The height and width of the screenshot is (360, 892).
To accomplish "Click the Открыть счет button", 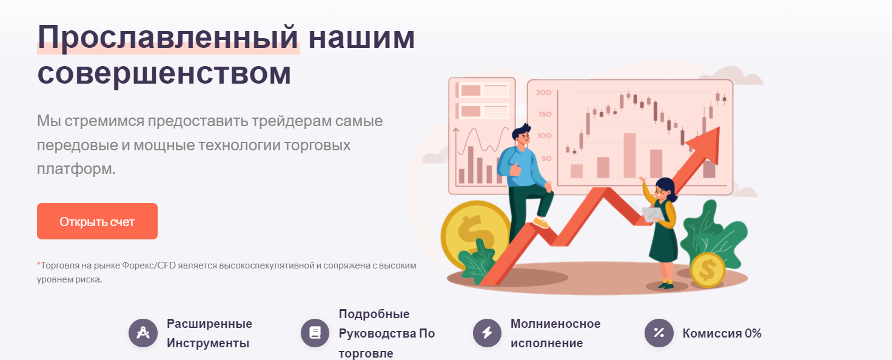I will (x=97, y=221).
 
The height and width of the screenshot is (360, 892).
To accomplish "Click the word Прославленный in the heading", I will (x=168, y=38).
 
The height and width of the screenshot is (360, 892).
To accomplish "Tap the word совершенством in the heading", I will (x=164, y=73).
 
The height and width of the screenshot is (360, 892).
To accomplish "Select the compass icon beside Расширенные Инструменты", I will (x=143, y=333).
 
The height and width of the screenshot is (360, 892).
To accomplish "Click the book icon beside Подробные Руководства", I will (x=315, y=333).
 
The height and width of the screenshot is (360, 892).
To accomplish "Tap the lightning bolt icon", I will (x=488, y=333).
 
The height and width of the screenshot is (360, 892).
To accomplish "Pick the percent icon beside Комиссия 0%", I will (x=659, y=333).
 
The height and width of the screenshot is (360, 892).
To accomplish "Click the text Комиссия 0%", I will (x=722, y=333).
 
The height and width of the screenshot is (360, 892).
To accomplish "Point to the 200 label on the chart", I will (x=543, y=93).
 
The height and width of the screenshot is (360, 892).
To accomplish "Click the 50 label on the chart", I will (x=546, y=159).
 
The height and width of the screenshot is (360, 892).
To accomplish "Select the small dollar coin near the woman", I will (x=707, y=270).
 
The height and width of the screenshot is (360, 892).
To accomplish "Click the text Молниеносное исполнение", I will (x=555, y=333).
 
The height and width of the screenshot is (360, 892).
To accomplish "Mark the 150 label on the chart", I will (x=544, y=115).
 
